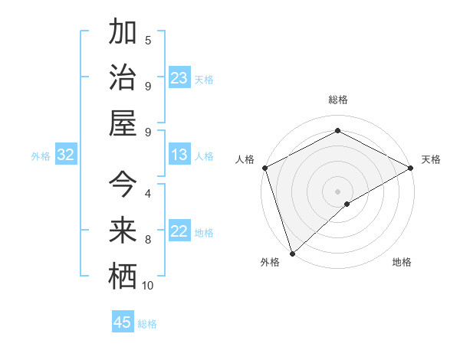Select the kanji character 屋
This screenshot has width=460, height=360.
tap(123, 123)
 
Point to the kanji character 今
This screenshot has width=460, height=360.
tap(123, 185)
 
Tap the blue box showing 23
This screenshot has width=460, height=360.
tap(179, 78)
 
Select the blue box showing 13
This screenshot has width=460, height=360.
tap(179, 155)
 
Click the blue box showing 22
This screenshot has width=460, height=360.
tap(179, 232)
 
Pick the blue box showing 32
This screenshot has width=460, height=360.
tap(65, 155)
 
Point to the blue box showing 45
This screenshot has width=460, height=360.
tap(123, 322)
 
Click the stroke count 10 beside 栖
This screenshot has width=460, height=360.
tap(148, 286)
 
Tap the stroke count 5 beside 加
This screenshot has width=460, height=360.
tap(148, 41)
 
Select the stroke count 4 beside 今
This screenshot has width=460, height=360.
tap(148, 194)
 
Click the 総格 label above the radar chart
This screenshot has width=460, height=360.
tap(337, 100)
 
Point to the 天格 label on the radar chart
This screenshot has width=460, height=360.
tap(431, 159)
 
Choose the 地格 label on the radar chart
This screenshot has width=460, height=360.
tap(402, 262)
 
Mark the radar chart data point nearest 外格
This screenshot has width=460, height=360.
tap(292, 253)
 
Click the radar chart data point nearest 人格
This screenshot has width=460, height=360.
tap(264, 168)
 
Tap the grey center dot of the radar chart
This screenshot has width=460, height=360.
tap(337, 191)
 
